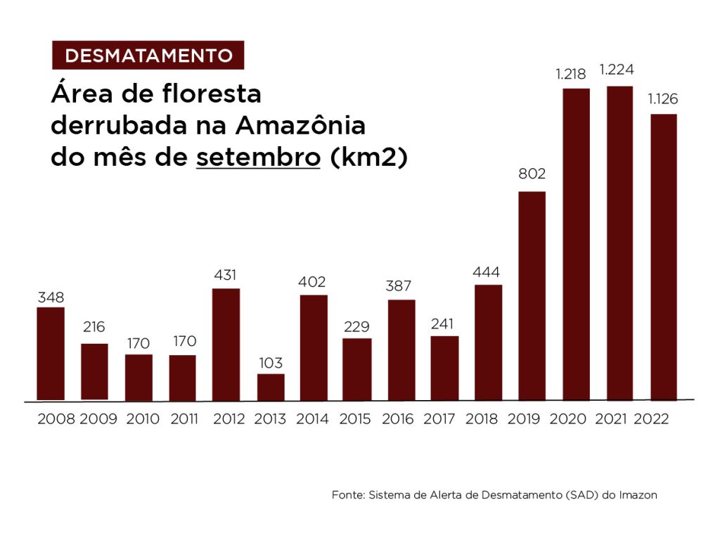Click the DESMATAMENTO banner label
pos(148,56)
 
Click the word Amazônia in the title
pos(300,126)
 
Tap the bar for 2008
pos(51,354)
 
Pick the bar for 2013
pos(271,387)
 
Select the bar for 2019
pos(532,295)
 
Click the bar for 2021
pos(619,243)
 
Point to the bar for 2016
pos(401,349)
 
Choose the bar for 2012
pos(226,344)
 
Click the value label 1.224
pos(617,70)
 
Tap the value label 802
pos(532,174)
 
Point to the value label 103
pos(270,364)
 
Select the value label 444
pos(487,271)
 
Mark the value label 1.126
pos(662,98)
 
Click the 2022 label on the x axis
pos(651,419)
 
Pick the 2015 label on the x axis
pos(355,419)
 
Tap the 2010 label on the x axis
pos(143,419)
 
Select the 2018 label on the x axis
pos(482,419)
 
